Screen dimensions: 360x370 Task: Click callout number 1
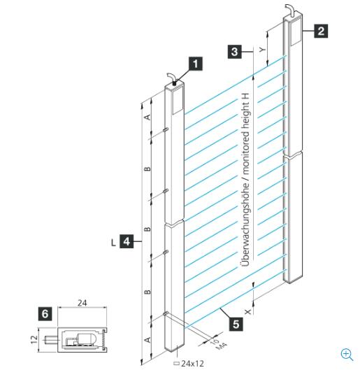coord(196,64)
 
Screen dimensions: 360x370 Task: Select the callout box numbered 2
coord(321,31)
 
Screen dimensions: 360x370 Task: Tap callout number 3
coord(235,52)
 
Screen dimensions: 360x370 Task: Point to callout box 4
coord(127,241)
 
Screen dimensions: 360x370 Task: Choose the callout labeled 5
coord(236,324)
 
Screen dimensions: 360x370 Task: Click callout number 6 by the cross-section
coord(45,314)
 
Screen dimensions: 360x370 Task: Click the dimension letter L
coord(114,242)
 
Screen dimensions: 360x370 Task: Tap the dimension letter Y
coord(262,50)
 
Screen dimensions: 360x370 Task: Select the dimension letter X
coord(247,312)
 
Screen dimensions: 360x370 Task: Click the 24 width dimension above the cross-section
coord(82,303)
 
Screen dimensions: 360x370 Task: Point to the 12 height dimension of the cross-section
coord(34,339)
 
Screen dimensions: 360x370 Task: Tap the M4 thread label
coord(222,346)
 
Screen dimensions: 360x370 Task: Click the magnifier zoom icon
coord(347,355)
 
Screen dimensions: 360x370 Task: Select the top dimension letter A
coord(147,117)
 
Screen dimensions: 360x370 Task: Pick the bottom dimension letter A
coord(147,340)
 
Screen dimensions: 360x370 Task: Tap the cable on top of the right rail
coord(291,10)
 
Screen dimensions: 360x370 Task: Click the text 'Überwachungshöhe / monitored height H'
coord(245,180)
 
